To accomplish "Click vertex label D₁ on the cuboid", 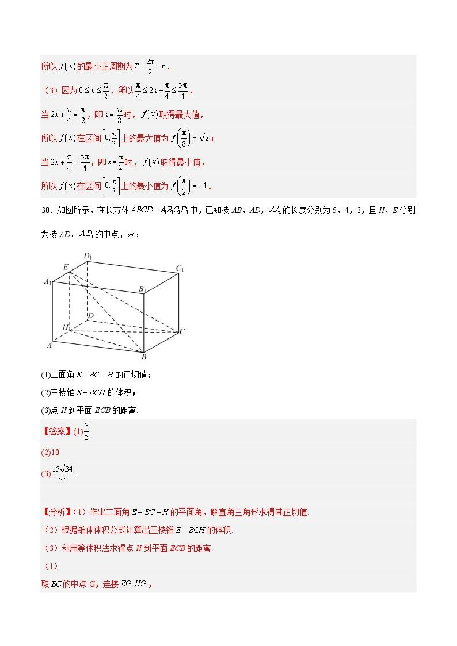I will [88, 256].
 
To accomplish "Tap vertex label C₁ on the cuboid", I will [180, 268].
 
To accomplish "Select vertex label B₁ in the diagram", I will [142, 289].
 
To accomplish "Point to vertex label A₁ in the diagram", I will [48, 281].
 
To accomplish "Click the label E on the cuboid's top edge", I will [65, 267].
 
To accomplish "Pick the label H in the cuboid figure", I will [65, 327].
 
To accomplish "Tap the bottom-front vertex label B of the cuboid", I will [144, 357].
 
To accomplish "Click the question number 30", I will [46, 210].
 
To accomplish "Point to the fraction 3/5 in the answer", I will [86, 431].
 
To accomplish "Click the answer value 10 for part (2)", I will [55, 452].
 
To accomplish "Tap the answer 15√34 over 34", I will [63, 474].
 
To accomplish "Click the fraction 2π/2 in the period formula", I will [150, 67].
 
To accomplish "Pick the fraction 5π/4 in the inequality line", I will [183, 91].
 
